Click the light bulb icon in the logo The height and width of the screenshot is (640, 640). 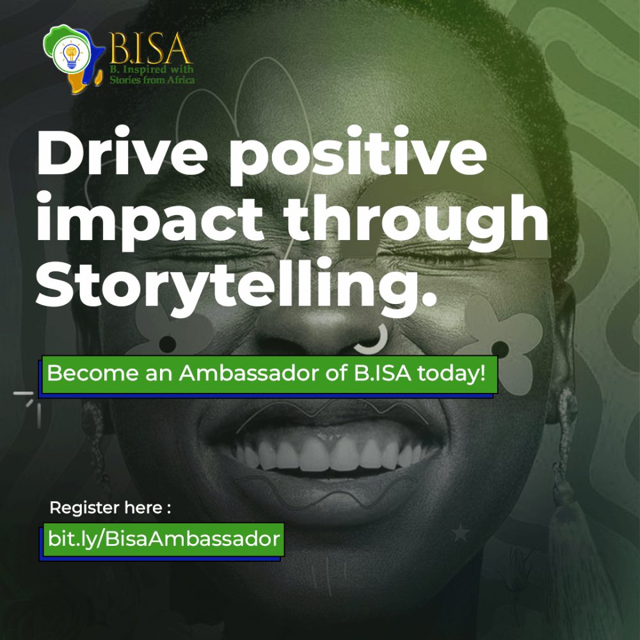click(72, 55)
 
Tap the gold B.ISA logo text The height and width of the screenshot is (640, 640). click(149, 49)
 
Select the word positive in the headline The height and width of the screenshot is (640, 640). click(358, 155)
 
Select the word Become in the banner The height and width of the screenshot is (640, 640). click(93, 372)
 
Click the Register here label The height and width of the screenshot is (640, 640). click(110, 508)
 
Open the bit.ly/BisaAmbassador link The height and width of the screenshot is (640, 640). click(164, 539)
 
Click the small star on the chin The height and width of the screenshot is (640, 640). click(460, 532)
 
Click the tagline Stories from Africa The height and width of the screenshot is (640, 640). click(152, 79)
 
